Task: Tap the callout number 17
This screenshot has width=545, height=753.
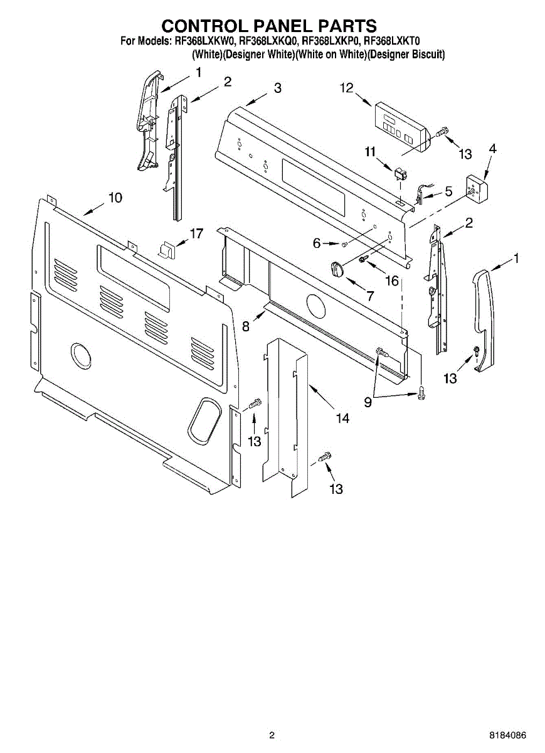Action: pyautogui.click(x=196, y=234)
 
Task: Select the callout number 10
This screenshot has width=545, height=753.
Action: pyautogui.click(x=115, y=198)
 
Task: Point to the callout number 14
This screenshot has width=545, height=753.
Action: pyautogui.click(x=342, y=418)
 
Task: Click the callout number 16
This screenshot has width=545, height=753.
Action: pyautogui.click(x=392, y=281)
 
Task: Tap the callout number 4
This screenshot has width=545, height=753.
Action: pyautogui.click(x=492, y=149)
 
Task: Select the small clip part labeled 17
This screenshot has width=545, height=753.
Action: pyautogui.click(x=167, y=249)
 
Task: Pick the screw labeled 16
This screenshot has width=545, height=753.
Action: pyautogui.click(x=364, y=258)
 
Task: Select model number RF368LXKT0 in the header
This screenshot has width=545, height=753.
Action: pyautogui.click(x=396, y=42)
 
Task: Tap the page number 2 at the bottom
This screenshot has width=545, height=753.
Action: pyautogui.click(x=272, y=735)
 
